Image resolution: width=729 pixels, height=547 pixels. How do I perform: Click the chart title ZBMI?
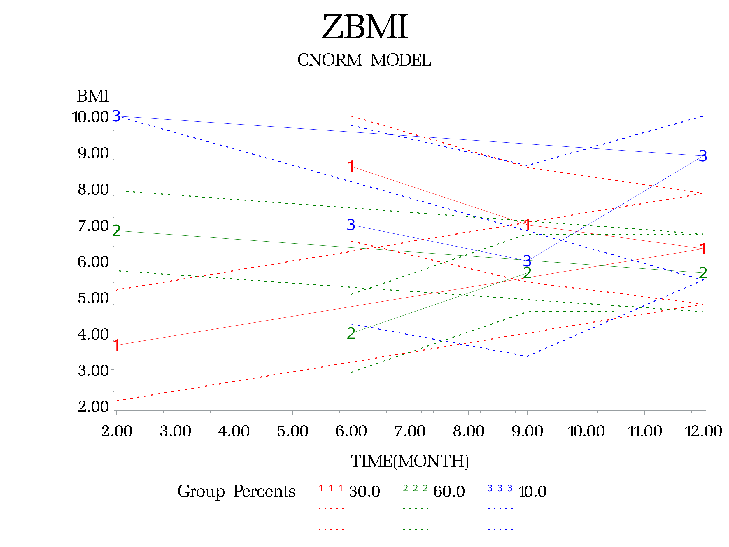click(365, 27)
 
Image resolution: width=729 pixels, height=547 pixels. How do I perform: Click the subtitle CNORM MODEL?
click(364, 60)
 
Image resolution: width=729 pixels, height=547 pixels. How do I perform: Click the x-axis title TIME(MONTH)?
click(409, 461)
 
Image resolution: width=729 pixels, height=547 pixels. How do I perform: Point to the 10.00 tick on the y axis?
click(90, 117)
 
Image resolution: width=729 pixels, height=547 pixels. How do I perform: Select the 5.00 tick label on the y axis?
click(93, 298)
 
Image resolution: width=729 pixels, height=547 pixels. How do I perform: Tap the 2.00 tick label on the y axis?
click(93, 407)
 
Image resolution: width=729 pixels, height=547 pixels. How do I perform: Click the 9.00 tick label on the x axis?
click(527, 431)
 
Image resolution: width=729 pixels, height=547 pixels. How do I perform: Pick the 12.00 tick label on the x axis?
click(703, 431)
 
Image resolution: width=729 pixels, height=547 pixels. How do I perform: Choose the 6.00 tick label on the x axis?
click(351, 431)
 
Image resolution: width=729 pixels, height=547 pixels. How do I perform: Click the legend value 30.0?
click(365, 492)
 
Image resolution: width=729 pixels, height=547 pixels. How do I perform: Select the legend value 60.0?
click(449, 492)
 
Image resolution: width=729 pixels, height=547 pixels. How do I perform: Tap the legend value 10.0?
click(532, 492)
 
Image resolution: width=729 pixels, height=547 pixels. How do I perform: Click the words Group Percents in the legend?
click(236, 492)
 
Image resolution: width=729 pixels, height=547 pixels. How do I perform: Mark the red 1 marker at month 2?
click(116, 345)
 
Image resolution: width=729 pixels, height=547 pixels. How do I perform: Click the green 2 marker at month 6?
click(351, 333)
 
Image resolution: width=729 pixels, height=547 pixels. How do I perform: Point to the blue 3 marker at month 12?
click(703, 156)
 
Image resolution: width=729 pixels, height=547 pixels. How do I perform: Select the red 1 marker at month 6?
click(351, 167)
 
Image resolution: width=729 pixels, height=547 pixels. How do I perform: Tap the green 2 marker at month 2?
click(116, 231)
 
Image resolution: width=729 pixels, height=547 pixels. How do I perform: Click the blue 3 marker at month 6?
click(351, 225)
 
